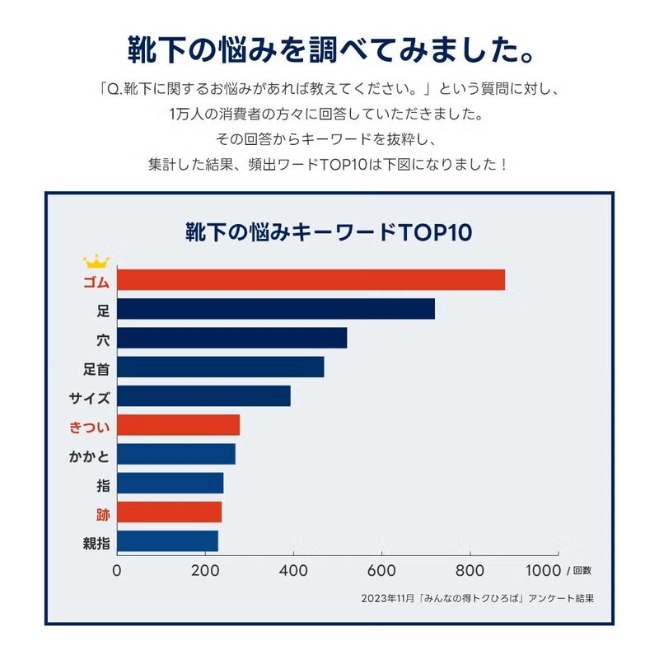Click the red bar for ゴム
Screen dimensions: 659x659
311,280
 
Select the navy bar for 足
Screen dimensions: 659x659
276,309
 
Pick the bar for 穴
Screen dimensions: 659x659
232,338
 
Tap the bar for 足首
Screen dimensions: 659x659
221,367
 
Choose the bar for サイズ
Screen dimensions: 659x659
204,396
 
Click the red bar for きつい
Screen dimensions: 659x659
179,425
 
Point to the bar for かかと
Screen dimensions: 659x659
176,454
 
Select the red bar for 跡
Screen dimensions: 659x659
170,512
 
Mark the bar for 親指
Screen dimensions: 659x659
168,541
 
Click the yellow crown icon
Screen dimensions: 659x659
96,262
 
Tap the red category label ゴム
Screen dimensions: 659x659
96,282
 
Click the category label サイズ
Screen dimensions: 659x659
90,397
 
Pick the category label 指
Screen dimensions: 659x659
103,484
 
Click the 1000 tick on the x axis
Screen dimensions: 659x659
542,570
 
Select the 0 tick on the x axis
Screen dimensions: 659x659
117,570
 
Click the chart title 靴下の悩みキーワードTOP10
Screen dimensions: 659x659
329,232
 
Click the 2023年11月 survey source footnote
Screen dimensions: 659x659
478,599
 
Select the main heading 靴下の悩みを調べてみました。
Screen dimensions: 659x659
329,51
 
